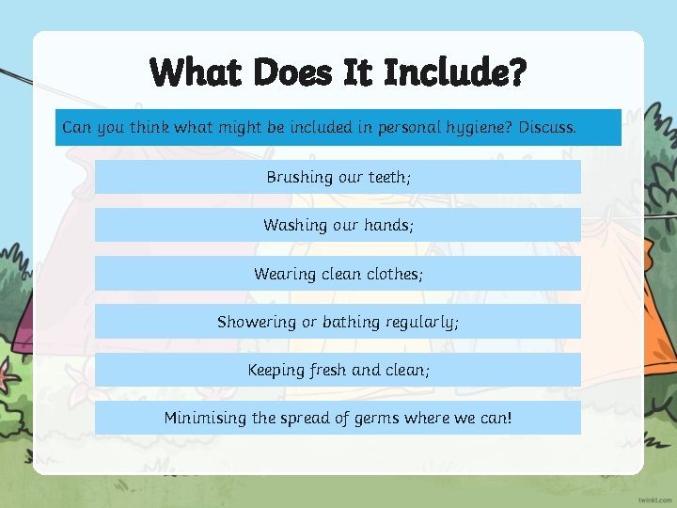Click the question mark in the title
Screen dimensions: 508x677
pyautogui.click(x=514, y=72)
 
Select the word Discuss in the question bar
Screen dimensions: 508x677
pyautogui.click(x=546, y=126)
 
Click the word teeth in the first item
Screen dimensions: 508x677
pyautogui.click(x=387, y=177)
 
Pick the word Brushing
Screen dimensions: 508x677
pyautogui.click(x=299, y=177)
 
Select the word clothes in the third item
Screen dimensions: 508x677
pyautogui.click(x=394, y=274)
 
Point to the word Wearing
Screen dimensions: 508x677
pyautogui.click(x=281, y=275)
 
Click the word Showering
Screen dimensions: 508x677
pyautogui.click(x=256, y=322)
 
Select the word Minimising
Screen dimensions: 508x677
pyautogui.click(x=205, y=418)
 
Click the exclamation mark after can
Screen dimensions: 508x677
pyautogui.click(x=509, y=418)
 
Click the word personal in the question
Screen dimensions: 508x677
pyautogui.click(x=408, y=127)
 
